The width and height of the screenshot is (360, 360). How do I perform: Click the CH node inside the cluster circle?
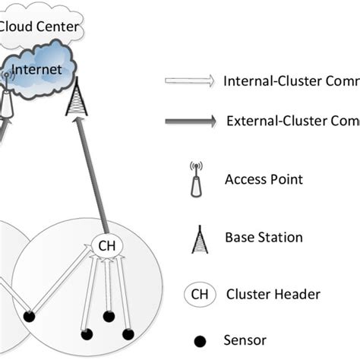click(x=106, y=245)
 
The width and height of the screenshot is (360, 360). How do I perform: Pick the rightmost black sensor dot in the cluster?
click(x=128, y=333)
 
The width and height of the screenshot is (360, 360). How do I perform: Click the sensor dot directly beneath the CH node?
click(x=109, y=316)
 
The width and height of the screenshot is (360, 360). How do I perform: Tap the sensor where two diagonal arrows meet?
click(x=29, y=316)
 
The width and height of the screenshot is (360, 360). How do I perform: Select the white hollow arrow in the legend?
click(x=189, y=81)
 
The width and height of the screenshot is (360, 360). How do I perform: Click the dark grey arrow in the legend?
click(x=189, y=121)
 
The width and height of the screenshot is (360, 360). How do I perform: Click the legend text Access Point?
click(x=264, y=180)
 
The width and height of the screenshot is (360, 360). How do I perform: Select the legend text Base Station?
click(x=264, y=238)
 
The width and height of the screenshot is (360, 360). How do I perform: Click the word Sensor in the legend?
click(x=245, y=341)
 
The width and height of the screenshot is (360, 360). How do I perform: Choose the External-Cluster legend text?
click(x=292, y=121)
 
